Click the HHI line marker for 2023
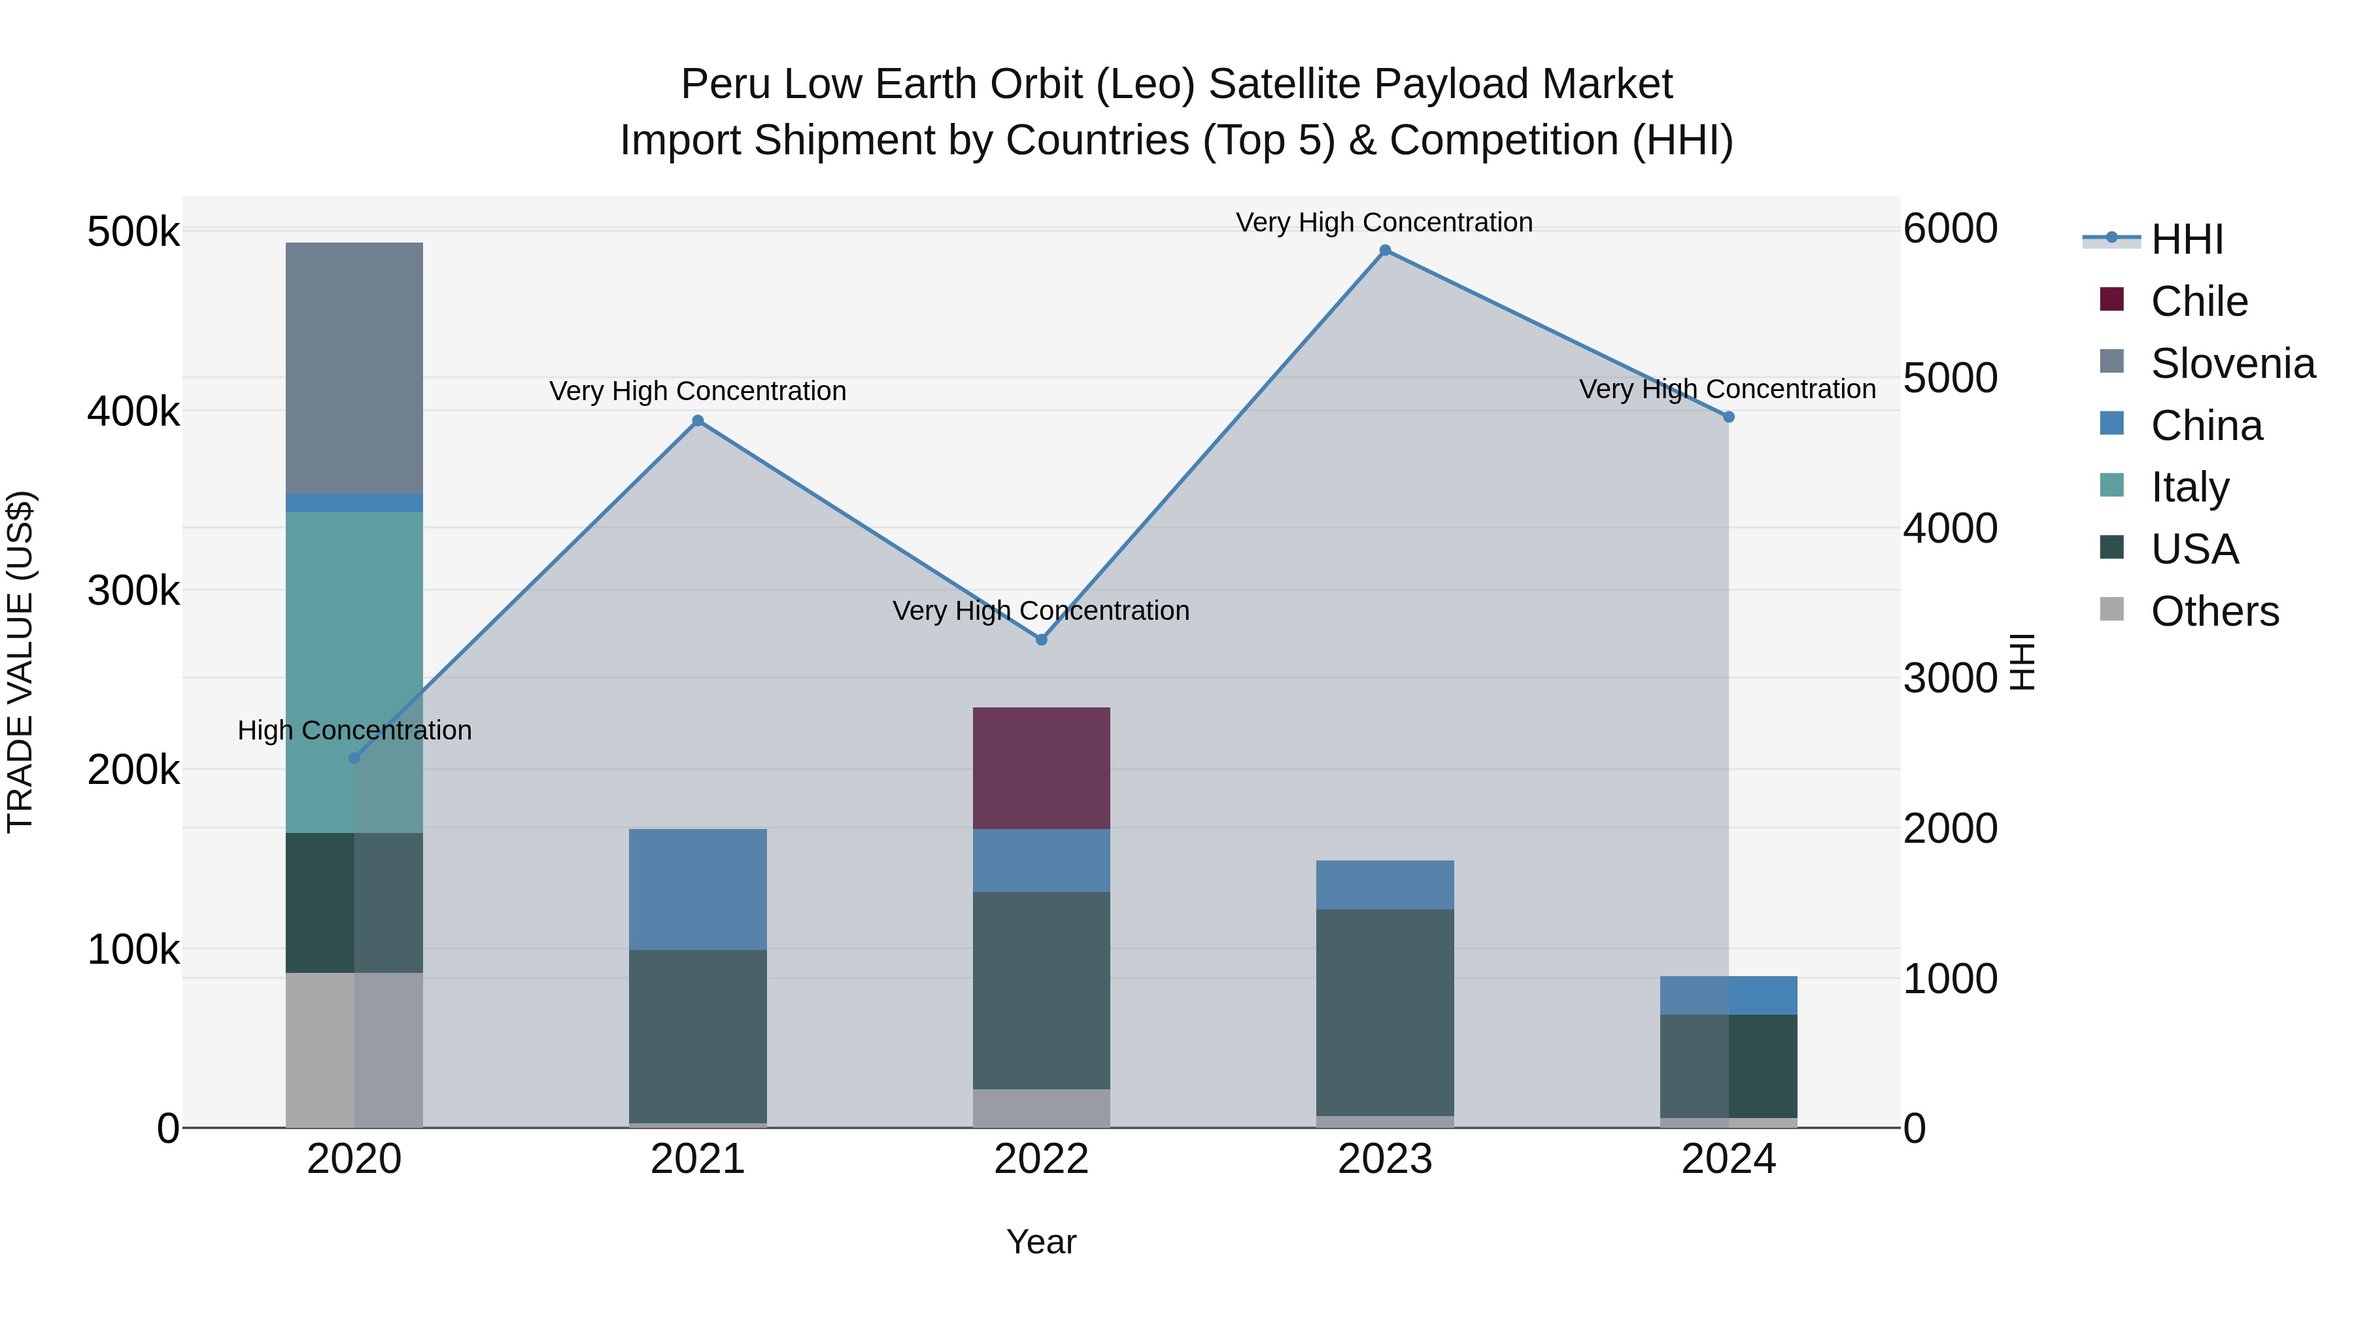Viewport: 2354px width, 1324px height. (x=1384, y=250)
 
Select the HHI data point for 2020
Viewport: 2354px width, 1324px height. (x=354, y=758)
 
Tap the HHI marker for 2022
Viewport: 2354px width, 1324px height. (x=1041, y=639)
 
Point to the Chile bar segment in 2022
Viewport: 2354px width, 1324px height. (x=1041, y=768)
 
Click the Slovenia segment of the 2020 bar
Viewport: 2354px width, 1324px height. (x=354, y=367)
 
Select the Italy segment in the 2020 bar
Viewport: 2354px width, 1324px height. (x=354, y=671)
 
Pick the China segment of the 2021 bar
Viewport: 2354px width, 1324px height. (x=697, y=889)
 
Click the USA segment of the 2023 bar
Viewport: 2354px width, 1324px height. (x=1384, y=1011)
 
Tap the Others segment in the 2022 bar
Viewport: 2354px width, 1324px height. (x=1041, y=1108)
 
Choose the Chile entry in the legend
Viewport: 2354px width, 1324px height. (x=2198, y=301)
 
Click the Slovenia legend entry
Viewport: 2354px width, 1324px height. (x=2232, y=364)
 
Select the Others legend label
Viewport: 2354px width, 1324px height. (x=2214, y=611)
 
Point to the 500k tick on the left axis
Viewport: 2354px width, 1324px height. (x=133, y=232)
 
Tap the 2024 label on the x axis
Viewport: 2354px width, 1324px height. (x=1728, y=1159)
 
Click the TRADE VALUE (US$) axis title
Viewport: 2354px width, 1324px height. (x=21, y=662)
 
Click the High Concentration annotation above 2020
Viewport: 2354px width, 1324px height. (x=354, y=730)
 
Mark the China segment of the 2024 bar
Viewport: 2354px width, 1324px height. (x=1728, y=995)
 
